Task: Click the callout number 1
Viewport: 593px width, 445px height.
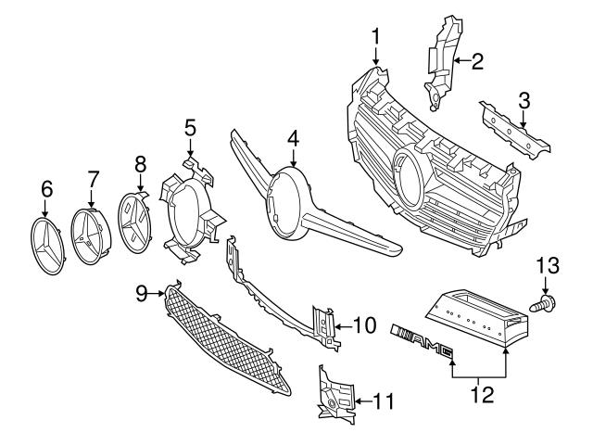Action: tap(376, 36)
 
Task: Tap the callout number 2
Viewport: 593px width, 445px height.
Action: tap(477, 62)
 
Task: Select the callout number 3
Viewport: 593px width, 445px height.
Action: tap(524, 100)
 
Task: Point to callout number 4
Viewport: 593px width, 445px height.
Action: tap(293, 138)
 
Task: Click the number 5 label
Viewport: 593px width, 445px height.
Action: tap(189, 127)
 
